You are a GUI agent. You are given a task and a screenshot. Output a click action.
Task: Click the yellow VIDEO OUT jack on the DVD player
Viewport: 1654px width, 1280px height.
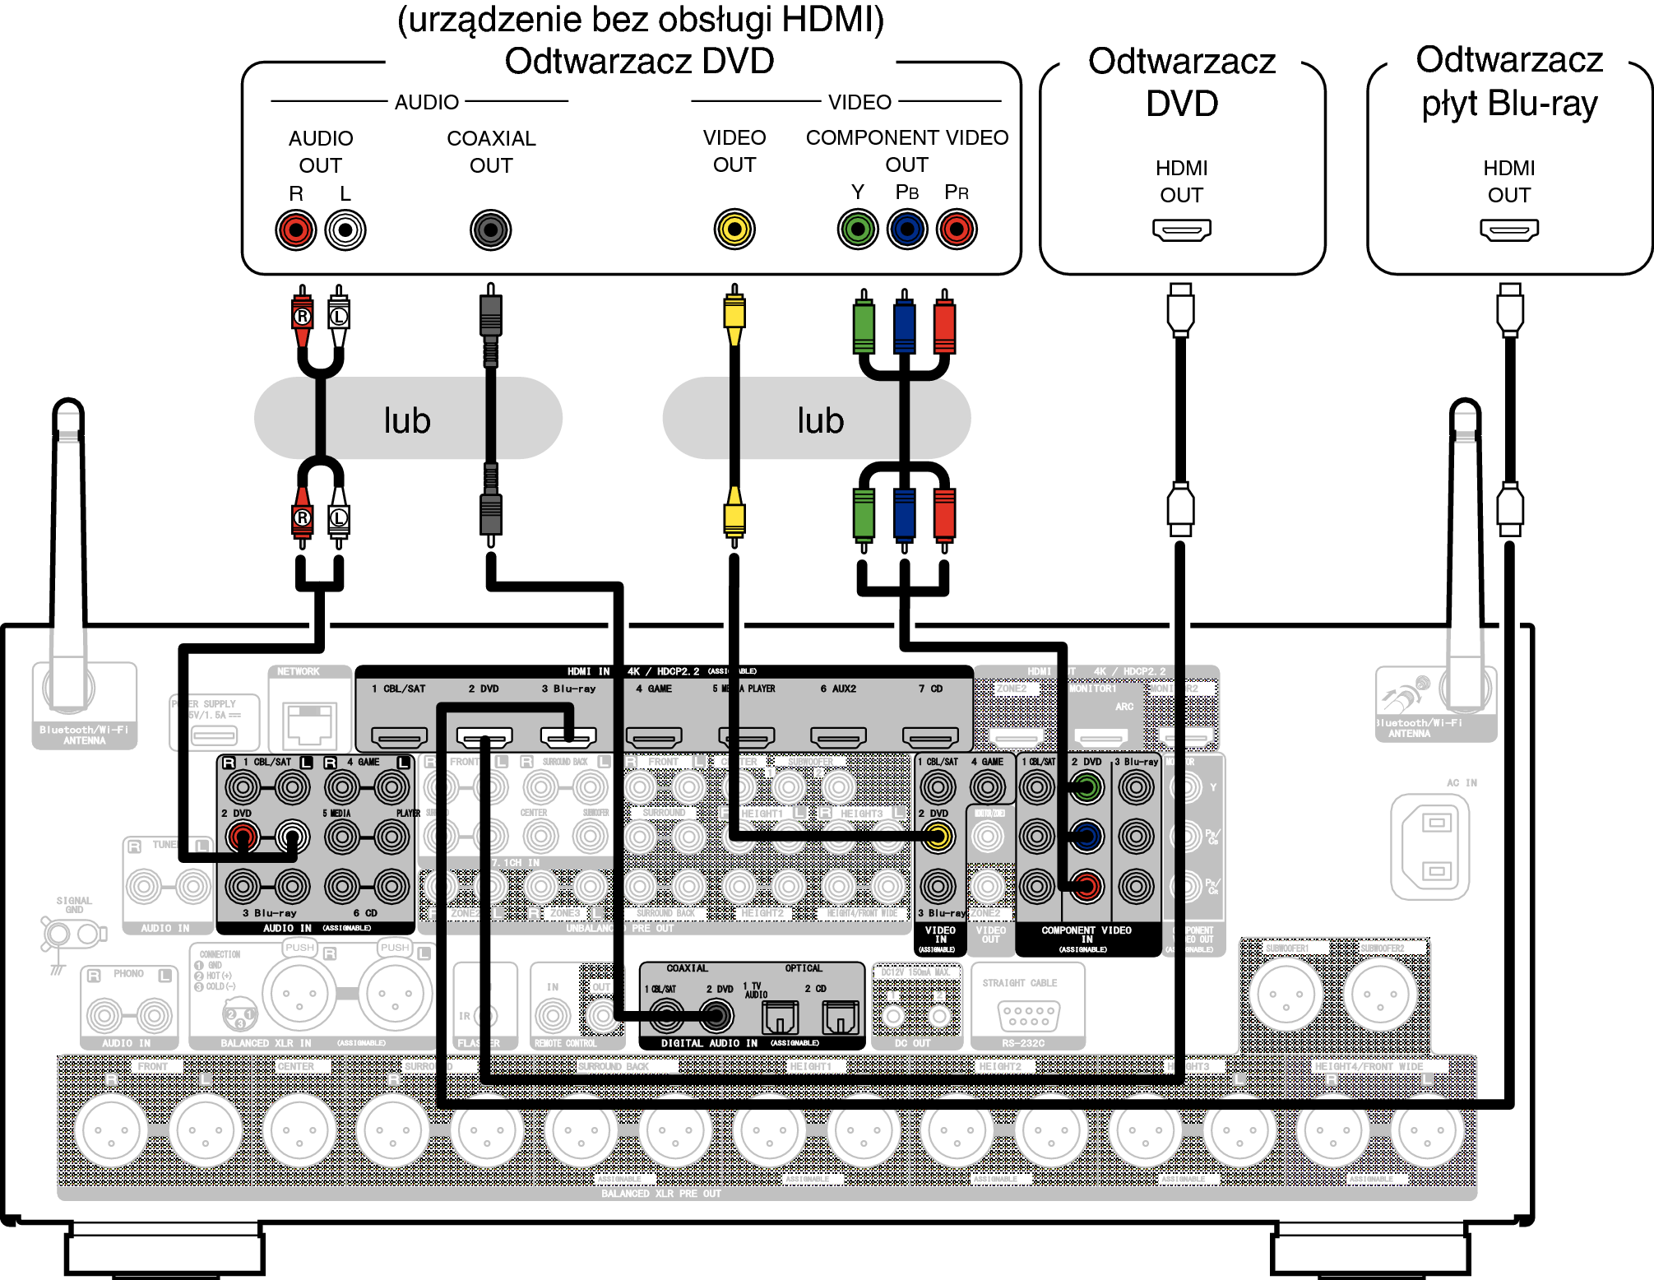pyautogui.click(x=734, y=230)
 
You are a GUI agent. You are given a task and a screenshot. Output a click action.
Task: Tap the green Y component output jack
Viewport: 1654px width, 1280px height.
pyautogui.click(x=857, y=230)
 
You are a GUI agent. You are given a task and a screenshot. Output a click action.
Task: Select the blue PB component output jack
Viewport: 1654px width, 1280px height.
pyautogui.click(x=906, y=230)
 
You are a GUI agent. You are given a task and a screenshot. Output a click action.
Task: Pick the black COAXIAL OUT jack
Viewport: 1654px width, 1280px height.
pyautogui.click(x=490, y=230)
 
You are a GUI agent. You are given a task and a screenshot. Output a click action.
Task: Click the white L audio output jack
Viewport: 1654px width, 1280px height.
pyautogui.click(x=345, y=230)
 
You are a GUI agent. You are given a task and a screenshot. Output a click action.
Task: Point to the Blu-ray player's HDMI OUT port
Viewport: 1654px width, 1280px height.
pyautogui.click(x=1508, y=229)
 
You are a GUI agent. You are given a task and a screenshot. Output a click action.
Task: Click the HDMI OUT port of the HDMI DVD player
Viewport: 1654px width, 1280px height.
pyautogui.click(x=1181, y=229)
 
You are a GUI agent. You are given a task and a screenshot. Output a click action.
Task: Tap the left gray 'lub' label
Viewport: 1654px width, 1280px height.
pyautogui.click(x=407, y=420)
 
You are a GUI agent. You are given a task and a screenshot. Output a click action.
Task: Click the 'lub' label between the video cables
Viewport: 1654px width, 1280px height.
pyautogui.click(x=820, y=420)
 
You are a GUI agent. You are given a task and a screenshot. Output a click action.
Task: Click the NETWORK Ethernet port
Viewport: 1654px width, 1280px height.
pyautogui.click(x=309, y=723)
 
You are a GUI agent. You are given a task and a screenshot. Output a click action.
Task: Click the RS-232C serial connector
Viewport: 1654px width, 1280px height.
pyautogui.click(x=1028, y=1015)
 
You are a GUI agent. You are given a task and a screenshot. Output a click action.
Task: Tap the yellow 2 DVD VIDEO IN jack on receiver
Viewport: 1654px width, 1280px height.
pyautogui.click(x=938, y=837)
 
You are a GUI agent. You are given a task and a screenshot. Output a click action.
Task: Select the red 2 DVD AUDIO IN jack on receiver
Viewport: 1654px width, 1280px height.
pyautogui.click(x=243, y=837)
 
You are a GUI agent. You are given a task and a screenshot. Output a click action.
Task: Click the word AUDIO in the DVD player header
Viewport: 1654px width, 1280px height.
pyautogui.click(x=426, y=102)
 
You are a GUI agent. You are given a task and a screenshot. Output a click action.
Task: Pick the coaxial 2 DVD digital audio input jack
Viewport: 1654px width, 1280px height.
pyautogui.click(x=716, y=1016)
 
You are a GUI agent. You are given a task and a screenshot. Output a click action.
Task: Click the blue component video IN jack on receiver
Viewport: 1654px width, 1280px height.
pyautogui.click(x=1086, y=837)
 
